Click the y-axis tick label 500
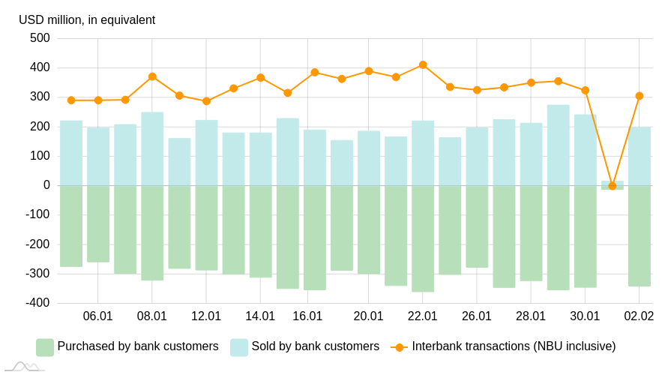tap(40, 38)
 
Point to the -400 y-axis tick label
tap(37, 303)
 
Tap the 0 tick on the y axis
tap(46, 185)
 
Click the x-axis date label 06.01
tap(98, 316)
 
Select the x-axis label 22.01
tap(423, 316)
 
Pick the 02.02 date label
tap(639, 316)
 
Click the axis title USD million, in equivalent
tap(87, 20)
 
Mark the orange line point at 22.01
tap(423, 65)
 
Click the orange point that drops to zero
tap(612, 186)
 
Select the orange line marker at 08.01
tap(152, 76)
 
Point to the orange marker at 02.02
tap(639, 96)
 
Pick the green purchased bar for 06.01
tap(98, 223)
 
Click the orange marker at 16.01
tap(315, 73)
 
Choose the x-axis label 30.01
tap(585, 316)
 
